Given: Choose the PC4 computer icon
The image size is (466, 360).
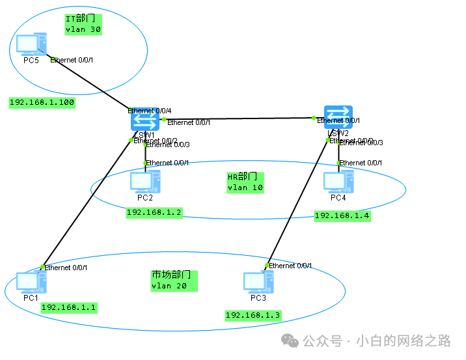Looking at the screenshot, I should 338,182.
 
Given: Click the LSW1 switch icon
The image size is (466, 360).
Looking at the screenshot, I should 144,120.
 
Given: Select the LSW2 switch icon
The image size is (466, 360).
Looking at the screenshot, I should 338,117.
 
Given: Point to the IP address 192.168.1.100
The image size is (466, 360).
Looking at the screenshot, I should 42,102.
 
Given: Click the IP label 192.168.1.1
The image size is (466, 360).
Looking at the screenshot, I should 68,307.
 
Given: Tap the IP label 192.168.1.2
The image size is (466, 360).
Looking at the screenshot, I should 154,212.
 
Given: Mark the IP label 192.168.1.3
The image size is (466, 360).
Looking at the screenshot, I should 253,315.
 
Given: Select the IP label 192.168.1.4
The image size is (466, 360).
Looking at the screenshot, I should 342,215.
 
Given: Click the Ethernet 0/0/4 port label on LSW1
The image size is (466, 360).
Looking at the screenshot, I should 149,111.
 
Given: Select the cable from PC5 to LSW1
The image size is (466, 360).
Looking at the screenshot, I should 91,84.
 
